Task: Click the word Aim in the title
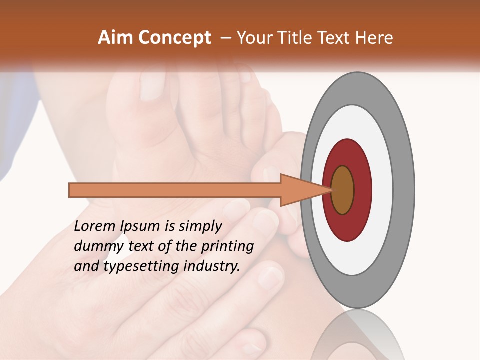[116, 38]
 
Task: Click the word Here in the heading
[374, 38]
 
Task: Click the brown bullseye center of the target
[342, 190]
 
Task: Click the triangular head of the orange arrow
[300, 190]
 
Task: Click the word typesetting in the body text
[134, 267]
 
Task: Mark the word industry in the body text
[210, 266]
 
